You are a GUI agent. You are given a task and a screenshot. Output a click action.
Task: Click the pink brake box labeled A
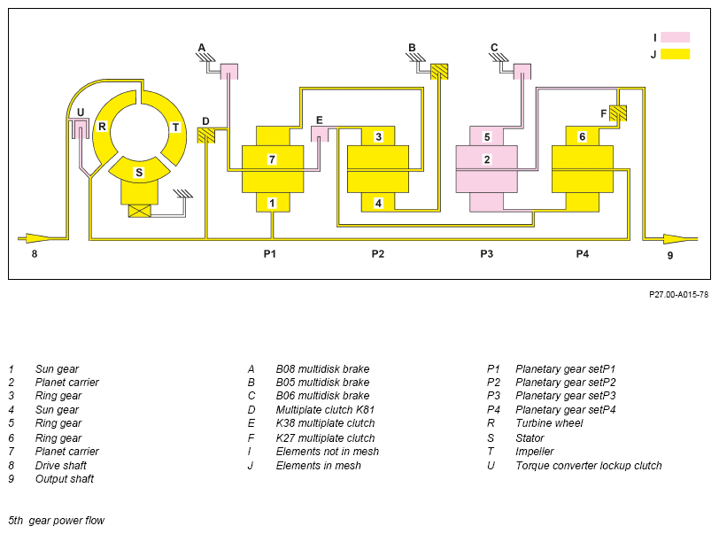(229, 71)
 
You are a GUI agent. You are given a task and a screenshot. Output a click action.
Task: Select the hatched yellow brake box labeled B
(439, 71)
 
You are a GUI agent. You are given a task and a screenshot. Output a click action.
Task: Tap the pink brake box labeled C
(522, 71)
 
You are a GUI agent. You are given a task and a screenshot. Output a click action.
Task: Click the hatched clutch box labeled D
(206, 135)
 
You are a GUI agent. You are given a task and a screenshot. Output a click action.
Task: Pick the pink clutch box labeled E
(320, 134)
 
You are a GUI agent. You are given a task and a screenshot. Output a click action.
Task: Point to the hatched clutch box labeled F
(618, 112)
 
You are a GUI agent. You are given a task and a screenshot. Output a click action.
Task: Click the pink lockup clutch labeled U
(81, 128)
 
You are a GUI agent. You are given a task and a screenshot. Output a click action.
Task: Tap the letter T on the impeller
(175, 127)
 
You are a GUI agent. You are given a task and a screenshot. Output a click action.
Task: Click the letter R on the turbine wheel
(102, 126)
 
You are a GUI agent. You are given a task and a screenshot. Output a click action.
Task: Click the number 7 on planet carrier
(272, 159)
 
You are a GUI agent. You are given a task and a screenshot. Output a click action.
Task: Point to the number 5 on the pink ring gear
(487, 136)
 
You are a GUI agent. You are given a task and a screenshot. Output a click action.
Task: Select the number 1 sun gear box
(273, 202)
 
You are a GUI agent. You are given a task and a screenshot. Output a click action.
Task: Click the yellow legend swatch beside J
(675, 54)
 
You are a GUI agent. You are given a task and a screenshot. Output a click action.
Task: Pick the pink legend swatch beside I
(675, 37)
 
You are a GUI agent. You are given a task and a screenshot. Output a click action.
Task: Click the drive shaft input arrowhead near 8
(39, 238)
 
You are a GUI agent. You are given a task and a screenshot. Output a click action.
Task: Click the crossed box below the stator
(139, 211)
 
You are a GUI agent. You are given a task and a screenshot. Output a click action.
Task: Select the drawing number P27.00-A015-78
(678, 295)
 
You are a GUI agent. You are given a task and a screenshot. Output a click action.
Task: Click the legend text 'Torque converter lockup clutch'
(589, 466)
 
